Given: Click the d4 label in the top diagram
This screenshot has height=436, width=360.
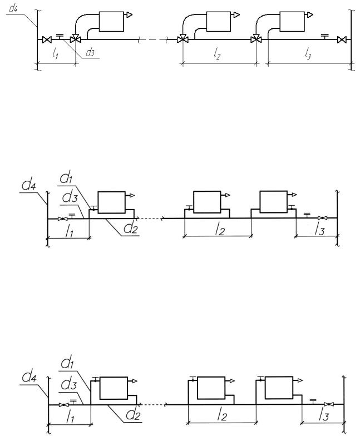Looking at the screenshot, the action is coord(13,8).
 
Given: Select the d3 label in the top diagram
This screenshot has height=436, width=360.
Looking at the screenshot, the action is coord(90,52).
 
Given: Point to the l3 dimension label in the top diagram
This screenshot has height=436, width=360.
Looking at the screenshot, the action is coord(308,53).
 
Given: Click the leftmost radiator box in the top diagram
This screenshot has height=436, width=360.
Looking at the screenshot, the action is coord(111,21).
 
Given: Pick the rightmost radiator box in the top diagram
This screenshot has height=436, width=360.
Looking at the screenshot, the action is coord(292,21).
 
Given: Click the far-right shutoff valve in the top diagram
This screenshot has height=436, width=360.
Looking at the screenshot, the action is coord(341,40).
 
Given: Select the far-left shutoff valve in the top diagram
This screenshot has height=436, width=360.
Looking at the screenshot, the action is coord(47,40).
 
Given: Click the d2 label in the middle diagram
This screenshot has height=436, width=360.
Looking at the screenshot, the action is coord(131,229).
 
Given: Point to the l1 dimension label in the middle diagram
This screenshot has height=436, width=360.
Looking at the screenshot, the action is coord(69,231).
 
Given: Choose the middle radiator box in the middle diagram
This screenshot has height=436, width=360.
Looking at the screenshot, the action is coord(207,202).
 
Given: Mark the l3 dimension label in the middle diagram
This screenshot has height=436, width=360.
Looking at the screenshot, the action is coord(319,230).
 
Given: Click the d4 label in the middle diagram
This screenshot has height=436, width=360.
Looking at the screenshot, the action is coord(29,186).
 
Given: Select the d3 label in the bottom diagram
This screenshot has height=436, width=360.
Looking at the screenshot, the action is coord(68,384).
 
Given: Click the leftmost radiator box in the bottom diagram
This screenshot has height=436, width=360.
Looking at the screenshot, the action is coord(114,388).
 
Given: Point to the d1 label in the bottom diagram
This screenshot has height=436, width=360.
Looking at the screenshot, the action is coord(67,363).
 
